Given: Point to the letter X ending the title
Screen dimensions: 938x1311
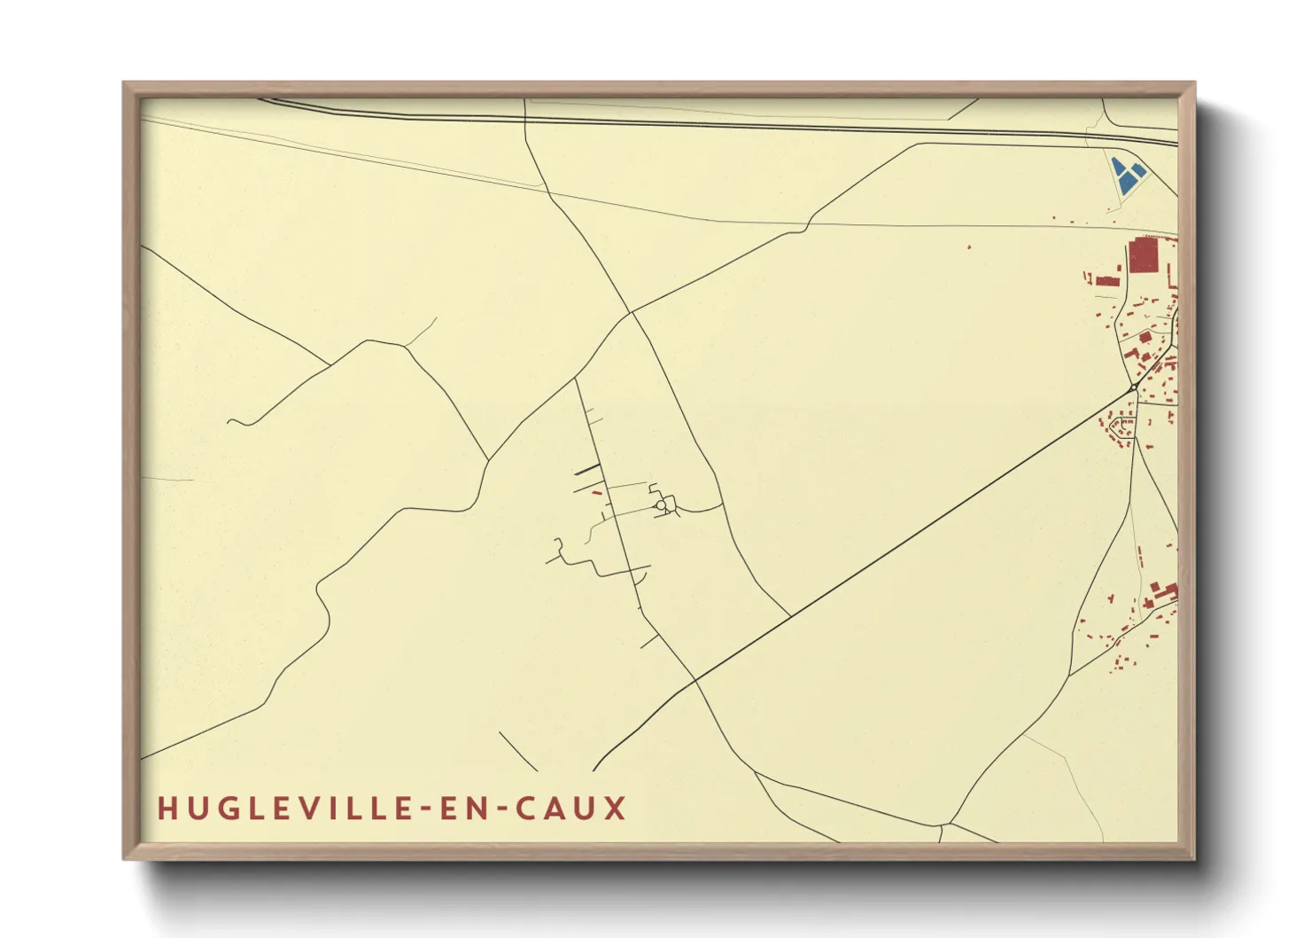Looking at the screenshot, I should pyautogui.click(x=616, y=809).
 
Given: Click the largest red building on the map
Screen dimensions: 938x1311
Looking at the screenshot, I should pyautogui.click(x=1143, y=255).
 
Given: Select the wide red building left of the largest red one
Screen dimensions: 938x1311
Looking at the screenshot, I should pyautogui.click(x=1108, y=281).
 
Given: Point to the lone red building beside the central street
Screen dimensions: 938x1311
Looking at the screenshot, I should pyautogui.click(x=596, y=492).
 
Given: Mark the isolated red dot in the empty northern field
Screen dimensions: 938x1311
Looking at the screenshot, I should pyautogui.click(x=969, y=246).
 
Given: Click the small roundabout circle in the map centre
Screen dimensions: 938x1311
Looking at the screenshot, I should pyautogui.click(x=661, y=505).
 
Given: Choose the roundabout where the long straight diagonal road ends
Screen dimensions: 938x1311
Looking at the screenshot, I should pyautogui.click(x=1133, y=387).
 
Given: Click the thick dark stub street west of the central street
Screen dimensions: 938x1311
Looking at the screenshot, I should pyautogui.click(x=587, y=470).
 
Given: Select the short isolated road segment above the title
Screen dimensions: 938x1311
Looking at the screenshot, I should pyautogui.click(x=517, y=751).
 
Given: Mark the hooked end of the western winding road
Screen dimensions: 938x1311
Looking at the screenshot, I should pyautogui.click(x=232, y=421).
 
